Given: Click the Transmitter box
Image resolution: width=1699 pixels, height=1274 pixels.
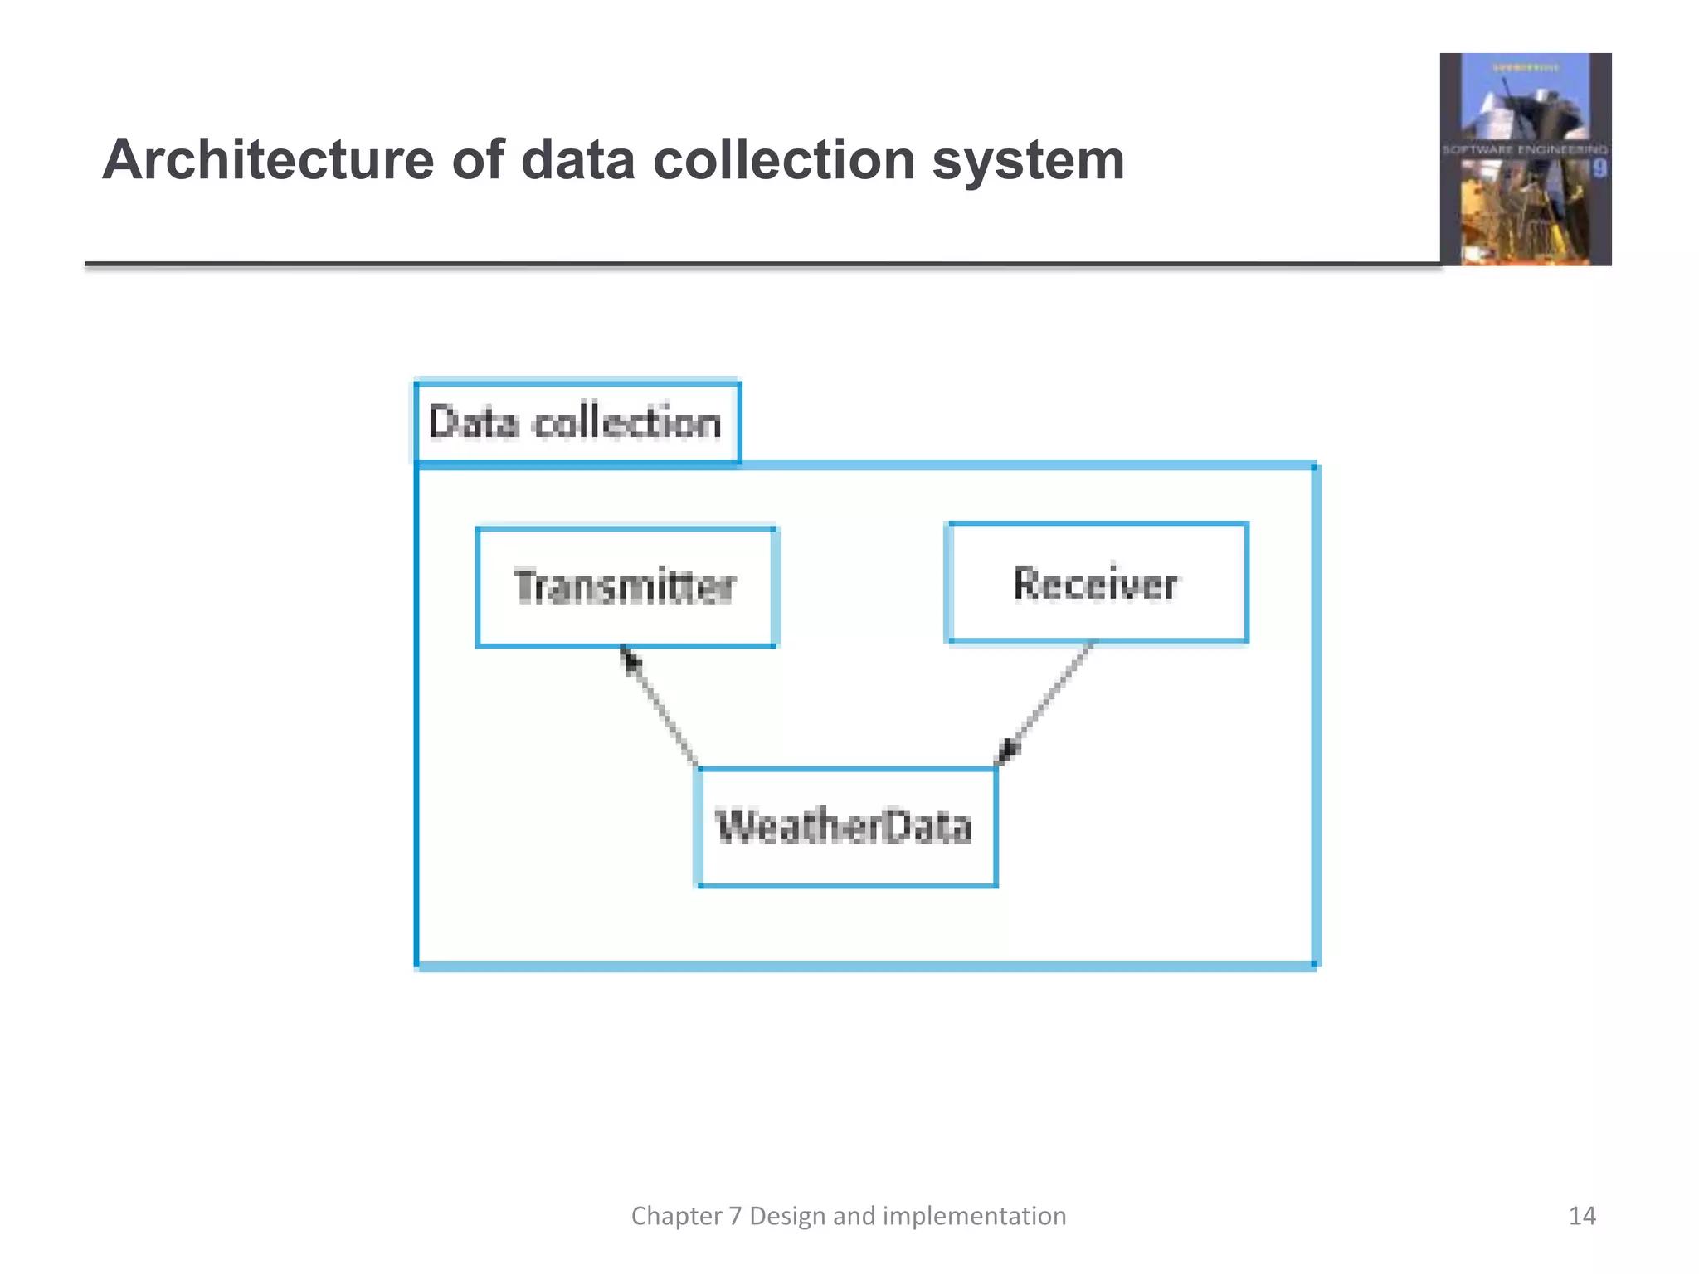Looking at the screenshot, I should click(x=626, y=587).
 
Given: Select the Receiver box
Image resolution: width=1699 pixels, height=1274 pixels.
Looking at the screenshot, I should click(x=1097, y=582).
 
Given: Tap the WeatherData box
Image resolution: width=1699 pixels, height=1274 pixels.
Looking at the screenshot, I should click(x=845, y=827).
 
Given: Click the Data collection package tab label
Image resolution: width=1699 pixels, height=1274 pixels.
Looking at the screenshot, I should click(x=576, y=422).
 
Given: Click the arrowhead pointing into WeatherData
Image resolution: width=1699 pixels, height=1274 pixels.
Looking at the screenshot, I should click(x=1007, y=751).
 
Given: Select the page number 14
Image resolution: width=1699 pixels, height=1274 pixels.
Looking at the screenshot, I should click(x=1582, y=1216).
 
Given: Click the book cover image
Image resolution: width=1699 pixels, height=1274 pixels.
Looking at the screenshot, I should click(x=1525, y=159).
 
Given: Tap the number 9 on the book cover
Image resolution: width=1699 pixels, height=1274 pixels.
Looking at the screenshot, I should click(x=1599, y=168).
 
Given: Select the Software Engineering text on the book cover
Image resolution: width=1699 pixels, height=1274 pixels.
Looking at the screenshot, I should click(x=1525, y=150).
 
